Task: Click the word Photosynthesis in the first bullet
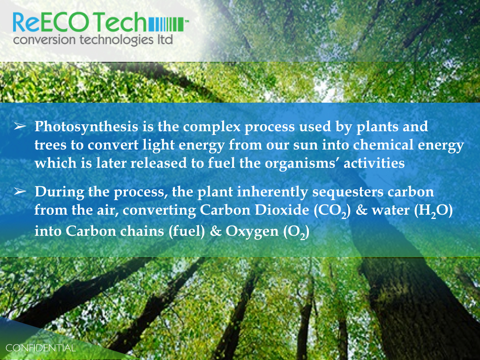pyautogui.click(x=86, y=127)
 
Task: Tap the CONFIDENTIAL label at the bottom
pyautogui.click(x=40, y=348)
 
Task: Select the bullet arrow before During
pyautogui.click(x=20, y=192)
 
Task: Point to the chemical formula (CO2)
pyautogui.click(x=332, y=210)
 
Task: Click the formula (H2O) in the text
pyautogui.click(x=433, y=210)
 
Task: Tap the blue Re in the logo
pyautogui.click(x=26, y=22)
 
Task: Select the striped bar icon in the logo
pyautogui.click(x=166, y=24)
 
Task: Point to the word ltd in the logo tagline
pyautogui.click(x=165, y=39)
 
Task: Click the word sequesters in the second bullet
pyautogui.click(x=348, y=192)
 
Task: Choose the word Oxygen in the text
pyautogui.click(x=252, y=232)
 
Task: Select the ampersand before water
pyautogui.click(x=361, y=210)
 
